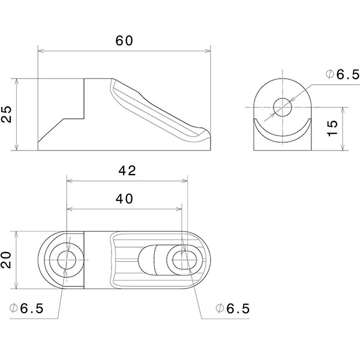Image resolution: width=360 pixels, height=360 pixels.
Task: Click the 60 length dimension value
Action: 124,41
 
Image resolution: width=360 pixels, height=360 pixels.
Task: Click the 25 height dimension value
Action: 7,114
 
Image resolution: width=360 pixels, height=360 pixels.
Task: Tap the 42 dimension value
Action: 127,170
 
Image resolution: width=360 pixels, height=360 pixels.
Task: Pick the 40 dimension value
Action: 124,199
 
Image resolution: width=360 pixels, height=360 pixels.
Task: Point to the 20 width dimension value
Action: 7,260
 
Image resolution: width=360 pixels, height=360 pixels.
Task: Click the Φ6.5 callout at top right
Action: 342,74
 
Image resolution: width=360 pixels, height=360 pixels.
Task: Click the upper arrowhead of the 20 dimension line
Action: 17,234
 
